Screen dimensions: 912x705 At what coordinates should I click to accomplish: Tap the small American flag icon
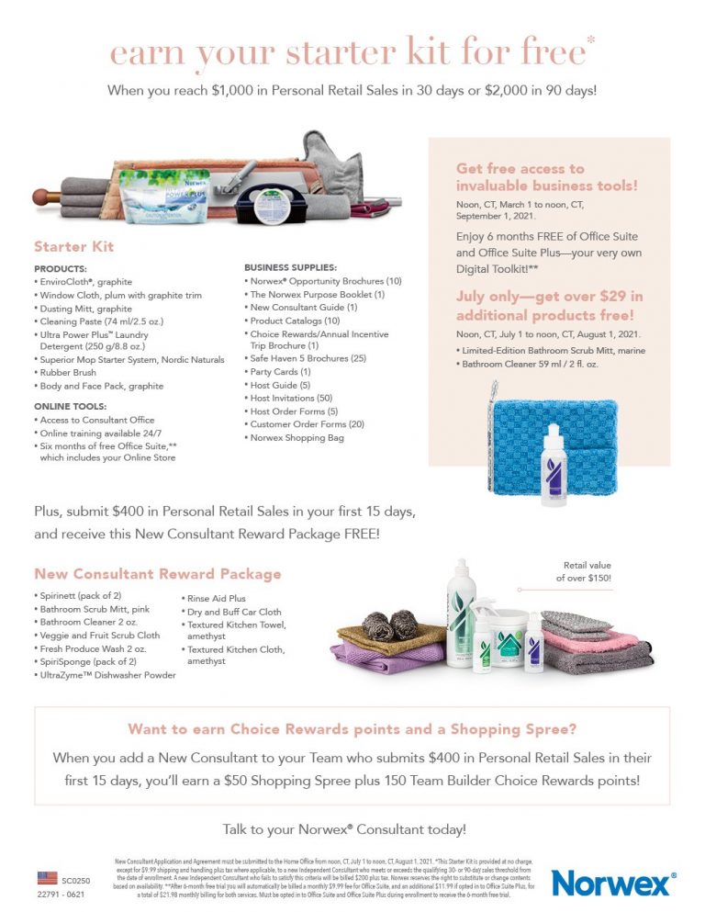pyautogui.click(x=47, y=878)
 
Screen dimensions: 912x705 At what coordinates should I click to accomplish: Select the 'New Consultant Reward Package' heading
pyautogui.click(x=158, y=574)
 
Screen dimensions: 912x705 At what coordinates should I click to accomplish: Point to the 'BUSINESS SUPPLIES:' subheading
pyautogui.click(x=291, y=266)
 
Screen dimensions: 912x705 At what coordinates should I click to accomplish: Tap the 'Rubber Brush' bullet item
pyautogui.click(x=70, y=372)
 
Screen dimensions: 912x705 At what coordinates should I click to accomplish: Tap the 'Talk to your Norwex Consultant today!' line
pyautogui.click(x=344, y=829)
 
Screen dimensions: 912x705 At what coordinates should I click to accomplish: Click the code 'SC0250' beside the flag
pyautogui.click(x=77, y=879)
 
